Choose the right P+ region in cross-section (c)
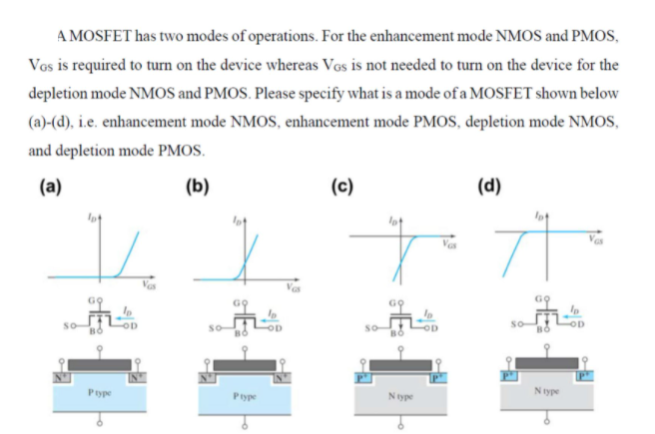click(435, 376)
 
